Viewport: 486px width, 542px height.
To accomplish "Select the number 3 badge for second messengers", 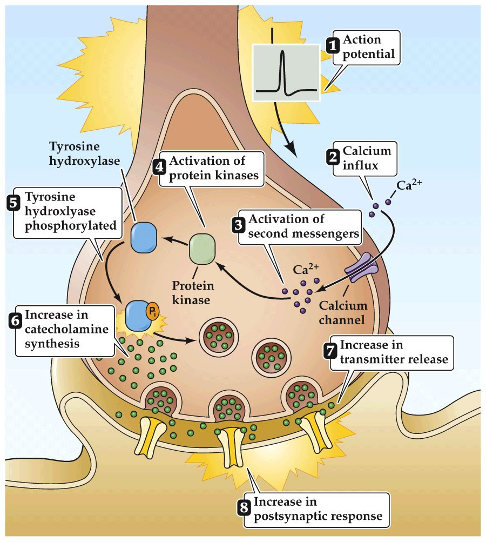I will click(238, 226).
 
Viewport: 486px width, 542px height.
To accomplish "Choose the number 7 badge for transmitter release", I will click(329, 351).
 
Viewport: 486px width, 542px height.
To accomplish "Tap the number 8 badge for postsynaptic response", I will click(244, 508).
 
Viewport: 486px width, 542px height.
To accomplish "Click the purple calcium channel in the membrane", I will click(361, 269).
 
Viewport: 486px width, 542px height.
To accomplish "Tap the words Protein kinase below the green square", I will click(193, 292).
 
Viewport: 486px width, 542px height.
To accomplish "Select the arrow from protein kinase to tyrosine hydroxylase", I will click(173, 239).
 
